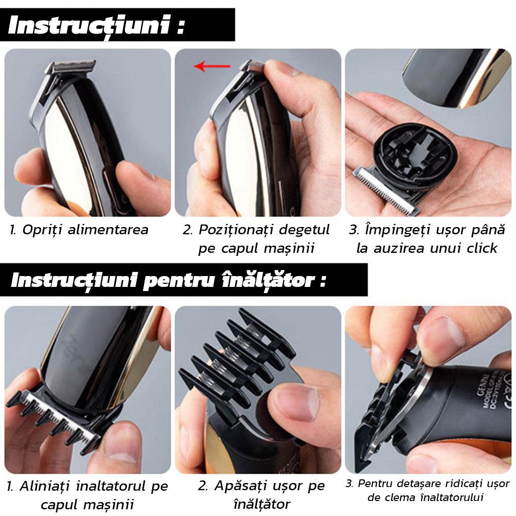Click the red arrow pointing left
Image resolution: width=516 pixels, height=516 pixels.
212,66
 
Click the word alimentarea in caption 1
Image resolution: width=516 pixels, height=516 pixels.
108,230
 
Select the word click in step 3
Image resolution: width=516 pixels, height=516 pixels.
482,248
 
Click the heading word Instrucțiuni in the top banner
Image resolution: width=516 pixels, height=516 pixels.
89,26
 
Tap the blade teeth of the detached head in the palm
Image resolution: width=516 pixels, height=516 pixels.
385,190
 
